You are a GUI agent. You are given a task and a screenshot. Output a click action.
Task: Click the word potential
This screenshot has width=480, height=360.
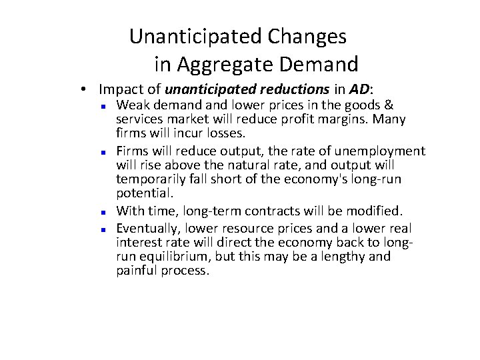144,193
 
